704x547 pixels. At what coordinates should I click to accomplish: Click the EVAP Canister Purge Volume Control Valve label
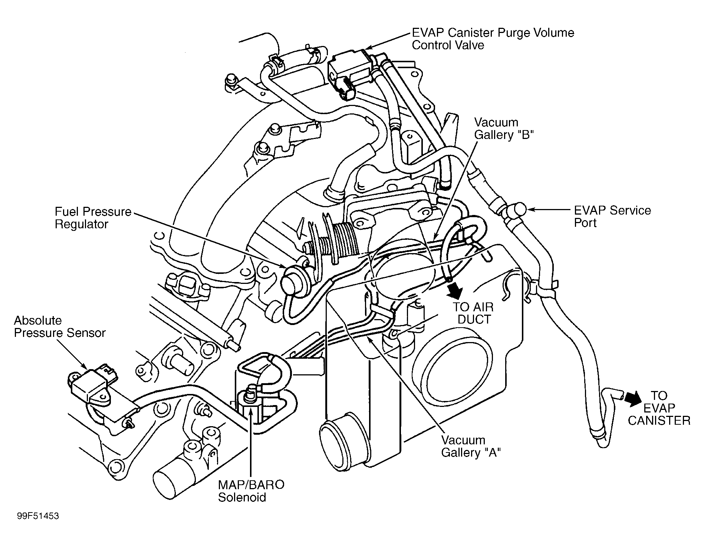[493, 39]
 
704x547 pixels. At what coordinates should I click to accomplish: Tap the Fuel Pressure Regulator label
[93, 218]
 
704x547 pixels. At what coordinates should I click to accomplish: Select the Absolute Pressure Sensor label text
[59, 326]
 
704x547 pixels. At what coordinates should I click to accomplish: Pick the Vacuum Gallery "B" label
[504, 129]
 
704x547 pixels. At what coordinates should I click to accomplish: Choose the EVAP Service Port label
[612, 216]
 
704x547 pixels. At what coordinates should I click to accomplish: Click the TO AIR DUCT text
[474, 313]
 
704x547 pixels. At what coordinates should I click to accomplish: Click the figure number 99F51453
[38, 516]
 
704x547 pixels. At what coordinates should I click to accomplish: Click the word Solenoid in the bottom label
[242, 497]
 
